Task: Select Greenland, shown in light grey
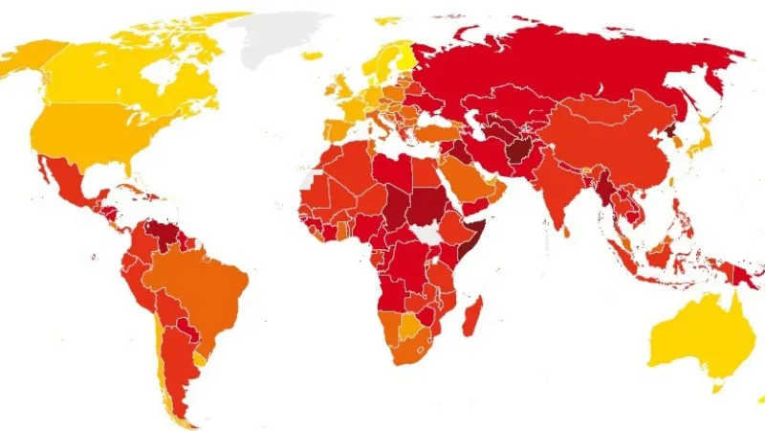282,38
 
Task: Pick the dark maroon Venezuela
155,233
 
